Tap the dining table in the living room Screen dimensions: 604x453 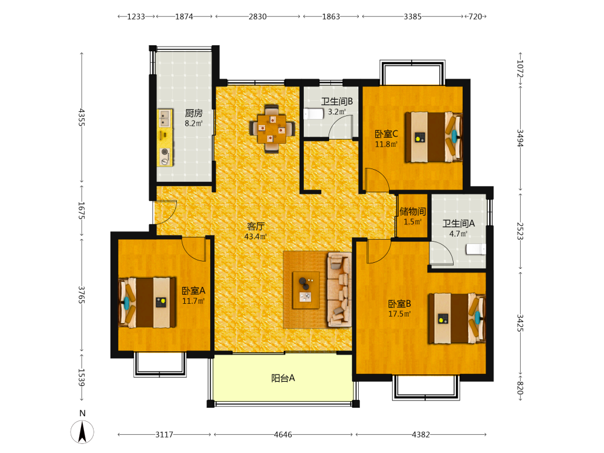click(x=272, y=129)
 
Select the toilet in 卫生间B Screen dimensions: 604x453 click(x=313, y=114)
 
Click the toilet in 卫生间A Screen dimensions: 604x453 click(x=476, y=249)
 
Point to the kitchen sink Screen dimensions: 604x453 click(x=165, y=118)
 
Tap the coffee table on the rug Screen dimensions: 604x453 click(x=306, y=290)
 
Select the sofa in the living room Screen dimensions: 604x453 click(x=339, y=290)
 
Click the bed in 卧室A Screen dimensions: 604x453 click(x=147, y=303)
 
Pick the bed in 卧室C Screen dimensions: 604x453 click(x=433, y=137)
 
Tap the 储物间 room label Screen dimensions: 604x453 click(x=413, y=211)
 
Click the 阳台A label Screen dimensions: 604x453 click(x=283, y=378)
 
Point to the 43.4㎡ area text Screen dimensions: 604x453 click(x=255, y=237)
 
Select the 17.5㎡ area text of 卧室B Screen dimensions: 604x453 click(x=399, y=313)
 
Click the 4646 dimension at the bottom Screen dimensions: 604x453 click(x=283, y=434)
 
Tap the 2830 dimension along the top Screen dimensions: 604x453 click(x=257, y=16)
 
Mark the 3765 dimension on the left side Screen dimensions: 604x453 click(x=82, y=295)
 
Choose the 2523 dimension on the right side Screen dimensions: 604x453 click(x=520, y=231)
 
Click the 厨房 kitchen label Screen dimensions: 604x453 click(x=194, y=113)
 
